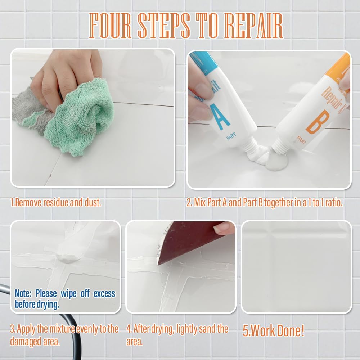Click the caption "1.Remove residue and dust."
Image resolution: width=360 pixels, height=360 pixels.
[56, 202]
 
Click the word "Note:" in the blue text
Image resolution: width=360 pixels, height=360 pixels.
[24, 293]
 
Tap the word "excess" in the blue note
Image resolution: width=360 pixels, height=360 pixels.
[104, 293]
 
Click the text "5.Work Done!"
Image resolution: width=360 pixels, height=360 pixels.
[273, 331]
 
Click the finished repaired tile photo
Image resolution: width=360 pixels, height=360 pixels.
[296, 266]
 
